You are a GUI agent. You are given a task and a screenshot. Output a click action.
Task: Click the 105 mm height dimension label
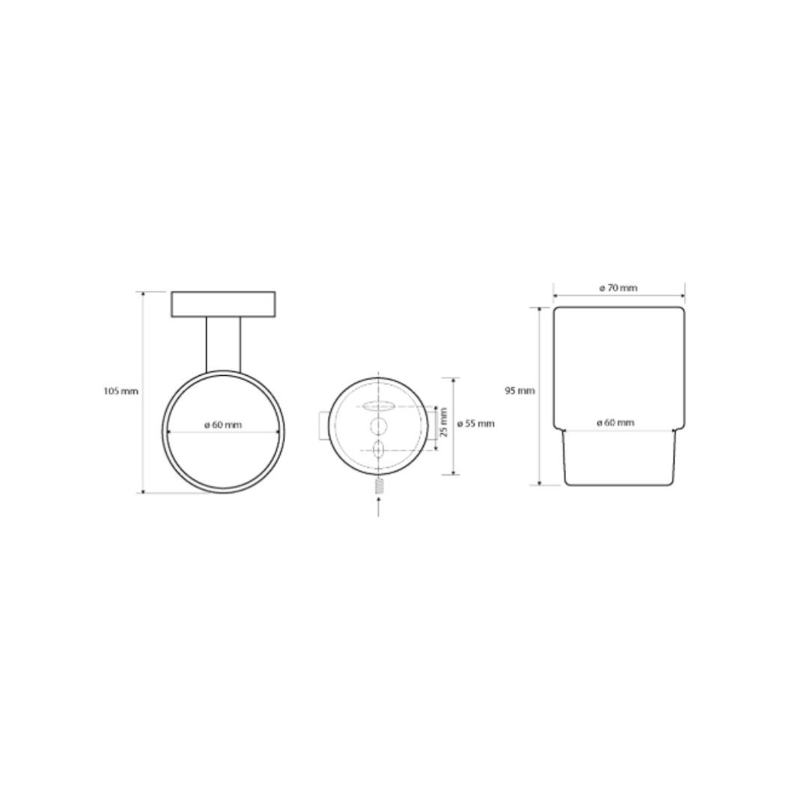(121, 391)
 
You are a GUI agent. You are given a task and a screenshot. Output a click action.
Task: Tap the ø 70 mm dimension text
(618, 287)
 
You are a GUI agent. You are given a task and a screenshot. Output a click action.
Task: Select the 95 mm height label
(520, 391)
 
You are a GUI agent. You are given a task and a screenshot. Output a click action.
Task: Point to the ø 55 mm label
(475, 424)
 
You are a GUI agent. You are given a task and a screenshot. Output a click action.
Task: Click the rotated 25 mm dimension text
(444, 422)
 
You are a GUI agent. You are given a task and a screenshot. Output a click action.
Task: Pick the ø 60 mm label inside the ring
(223, 425)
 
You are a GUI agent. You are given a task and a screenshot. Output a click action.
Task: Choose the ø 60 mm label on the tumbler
(615, 423)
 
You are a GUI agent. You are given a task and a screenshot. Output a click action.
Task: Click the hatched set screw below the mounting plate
(379, 487)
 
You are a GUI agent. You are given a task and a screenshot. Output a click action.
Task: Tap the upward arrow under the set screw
(378, 507)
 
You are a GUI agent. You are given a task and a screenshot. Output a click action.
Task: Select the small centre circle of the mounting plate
(379, 427)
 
